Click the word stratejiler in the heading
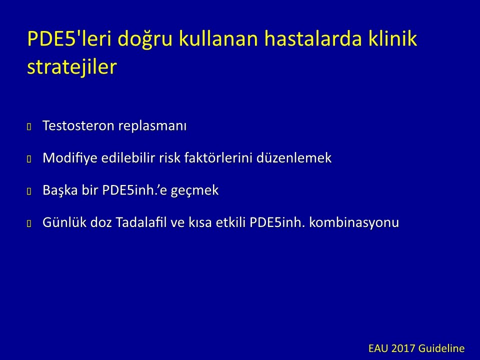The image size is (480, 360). (72, 67)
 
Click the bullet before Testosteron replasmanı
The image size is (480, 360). (29, 126)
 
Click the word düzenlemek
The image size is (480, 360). (294, 157)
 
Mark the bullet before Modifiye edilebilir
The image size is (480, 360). (29, 159)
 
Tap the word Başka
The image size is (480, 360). (60, 190)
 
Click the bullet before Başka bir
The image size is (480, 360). (29, 191)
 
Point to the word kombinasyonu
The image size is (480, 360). (354, 222)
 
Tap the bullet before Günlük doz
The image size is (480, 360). (29, 223)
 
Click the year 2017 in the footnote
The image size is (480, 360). (403, 348)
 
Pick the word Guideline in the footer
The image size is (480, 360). (441, 348)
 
